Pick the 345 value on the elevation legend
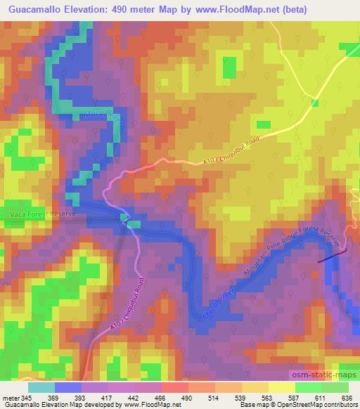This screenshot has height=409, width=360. (x=27, y=398)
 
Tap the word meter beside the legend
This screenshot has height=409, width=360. (x=10, y=398)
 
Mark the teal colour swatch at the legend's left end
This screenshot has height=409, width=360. (x=41, y=387)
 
